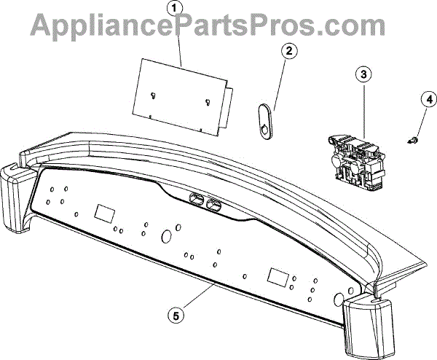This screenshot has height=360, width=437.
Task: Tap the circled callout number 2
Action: [288, 52]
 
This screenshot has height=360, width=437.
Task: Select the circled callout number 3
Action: [362, 74]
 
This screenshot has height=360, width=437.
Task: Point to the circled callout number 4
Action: [428, 98]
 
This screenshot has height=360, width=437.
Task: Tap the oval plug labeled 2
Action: [264, 119]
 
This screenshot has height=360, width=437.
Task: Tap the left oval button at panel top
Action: [197, 198]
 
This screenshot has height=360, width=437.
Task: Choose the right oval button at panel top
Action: [214, 205]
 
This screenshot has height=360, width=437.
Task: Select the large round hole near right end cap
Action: [339, 300]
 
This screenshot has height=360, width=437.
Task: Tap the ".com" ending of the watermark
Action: [360, 26]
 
